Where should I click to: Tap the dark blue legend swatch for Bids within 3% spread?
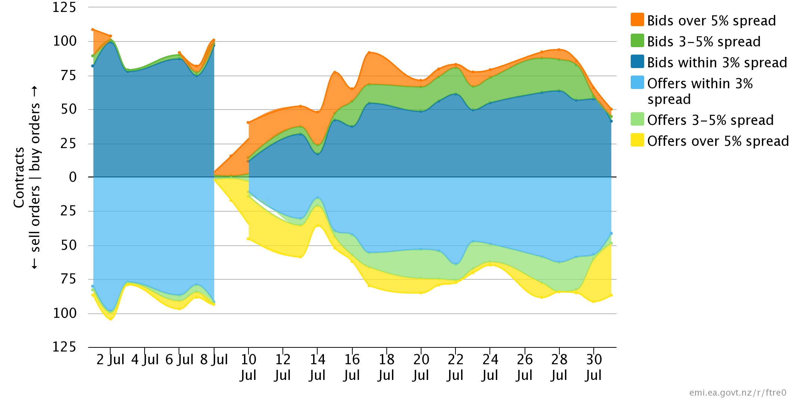(x=637, y=62)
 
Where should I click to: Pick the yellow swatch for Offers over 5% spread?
(x=637, y=140)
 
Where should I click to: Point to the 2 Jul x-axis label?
(x=110, y=360)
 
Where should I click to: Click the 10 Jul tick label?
(x=248, y=367)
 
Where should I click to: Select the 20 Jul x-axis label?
(x=421, y=367)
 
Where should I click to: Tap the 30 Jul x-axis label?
(x=594, y=367)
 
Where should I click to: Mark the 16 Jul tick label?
(x=352, y=367)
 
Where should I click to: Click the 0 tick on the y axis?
(x=72, y=177)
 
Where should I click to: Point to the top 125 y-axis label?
(x=64, y=7)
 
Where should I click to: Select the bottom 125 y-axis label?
(x=64, y=347)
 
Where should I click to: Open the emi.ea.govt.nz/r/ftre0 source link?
(x=738, y=393)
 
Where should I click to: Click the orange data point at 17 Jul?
(x=369, y=53)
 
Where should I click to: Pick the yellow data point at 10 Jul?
(x=248, y=239)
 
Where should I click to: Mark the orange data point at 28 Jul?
(x=559, y=50)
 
